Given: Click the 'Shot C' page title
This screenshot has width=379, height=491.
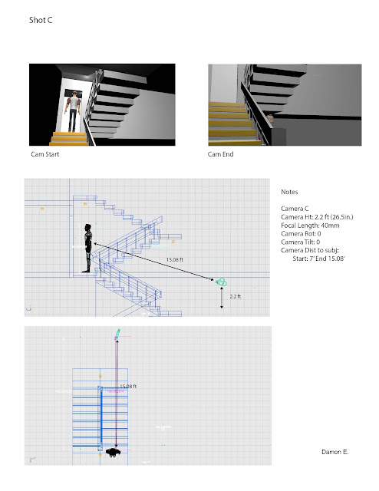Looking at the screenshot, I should pos(40,22).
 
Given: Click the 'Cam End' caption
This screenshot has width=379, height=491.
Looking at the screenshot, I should pos(220,154).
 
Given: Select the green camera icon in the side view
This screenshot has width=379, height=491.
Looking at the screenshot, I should pos(221,282).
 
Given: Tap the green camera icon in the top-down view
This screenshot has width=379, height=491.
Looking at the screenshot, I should pos(117,334).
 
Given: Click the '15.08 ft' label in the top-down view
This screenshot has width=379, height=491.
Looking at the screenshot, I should pos(128,386).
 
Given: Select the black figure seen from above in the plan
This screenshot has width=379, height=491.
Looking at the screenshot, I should pos(114,453).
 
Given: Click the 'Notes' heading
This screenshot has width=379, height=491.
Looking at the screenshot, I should pos(291,192).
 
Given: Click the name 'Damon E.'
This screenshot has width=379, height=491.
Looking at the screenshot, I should pos(335,453).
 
